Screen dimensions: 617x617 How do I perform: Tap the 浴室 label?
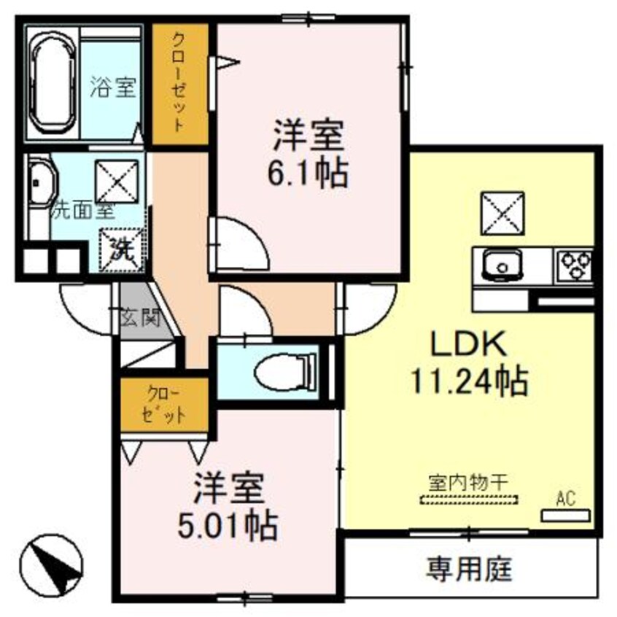click(113, 88)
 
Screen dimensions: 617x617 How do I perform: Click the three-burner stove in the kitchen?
click(575, 264)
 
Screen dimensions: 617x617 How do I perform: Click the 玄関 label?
click(139, 317)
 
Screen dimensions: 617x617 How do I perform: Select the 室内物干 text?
click(467, 482)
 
